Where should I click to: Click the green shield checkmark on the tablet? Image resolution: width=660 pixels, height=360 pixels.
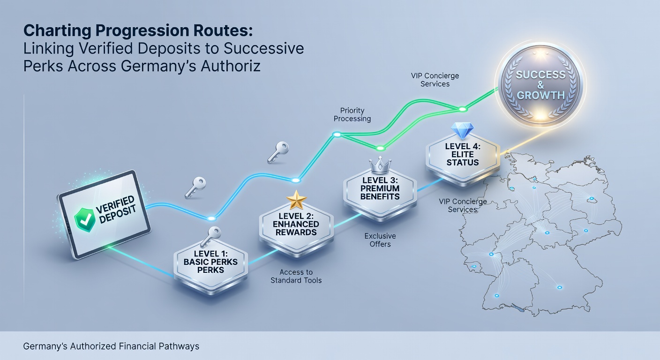85,220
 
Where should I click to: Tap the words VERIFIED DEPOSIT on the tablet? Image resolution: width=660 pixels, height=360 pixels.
116,210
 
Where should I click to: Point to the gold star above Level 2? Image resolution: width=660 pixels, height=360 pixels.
296,200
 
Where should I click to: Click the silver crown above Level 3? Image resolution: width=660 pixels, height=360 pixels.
380,165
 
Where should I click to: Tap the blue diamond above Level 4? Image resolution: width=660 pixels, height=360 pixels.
463,131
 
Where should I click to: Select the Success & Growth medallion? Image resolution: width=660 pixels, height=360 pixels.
540,85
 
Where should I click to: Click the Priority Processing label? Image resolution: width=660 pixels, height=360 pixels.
352,114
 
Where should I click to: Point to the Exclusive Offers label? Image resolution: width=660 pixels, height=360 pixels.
380,240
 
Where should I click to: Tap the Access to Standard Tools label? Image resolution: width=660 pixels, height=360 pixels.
296,277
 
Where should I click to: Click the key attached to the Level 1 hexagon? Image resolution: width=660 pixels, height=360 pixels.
211,236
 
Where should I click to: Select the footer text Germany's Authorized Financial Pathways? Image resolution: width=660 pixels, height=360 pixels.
111,346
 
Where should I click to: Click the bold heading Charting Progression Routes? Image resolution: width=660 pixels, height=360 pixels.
138,30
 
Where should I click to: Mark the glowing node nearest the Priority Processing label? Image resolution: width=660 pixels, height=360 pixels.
337,135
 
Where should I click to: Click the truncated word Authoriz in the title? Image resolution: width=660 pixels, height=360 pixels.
231,66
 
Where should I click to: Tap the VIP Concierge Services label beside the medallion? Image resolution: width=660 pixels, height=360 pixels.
435,80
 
